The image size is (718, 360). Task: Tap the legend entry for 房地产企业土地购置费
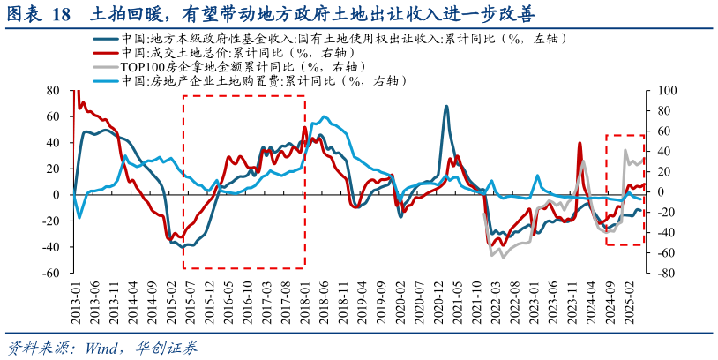coord(264,80)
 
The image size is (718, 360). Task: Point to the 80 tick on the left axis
coord(52,90)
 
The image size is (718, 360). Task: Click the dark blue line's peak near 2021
coord(446,107)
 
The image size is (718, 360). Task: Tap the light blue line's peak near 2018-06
coord(325,116)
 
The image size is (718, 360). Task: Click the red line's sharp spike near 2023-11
coord(580,143)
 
